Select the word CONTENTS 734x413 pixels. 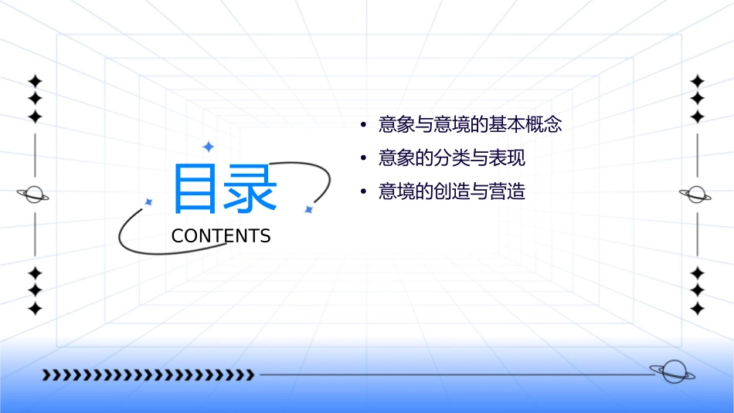(221, 236)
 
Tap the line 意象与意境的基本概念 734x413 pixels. (470, 124)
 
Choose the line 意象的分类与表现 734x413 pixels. (451, 158)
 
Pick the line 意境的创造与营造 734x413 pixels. (451, 191)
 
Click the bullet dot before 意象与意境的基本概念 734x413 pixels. (362, 125)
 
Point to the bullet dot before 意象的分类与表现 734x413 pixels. (362, 158)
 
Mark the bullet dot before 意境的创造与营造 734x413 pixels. (362, 191)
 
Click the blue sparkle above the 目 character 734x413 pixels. (208, 146)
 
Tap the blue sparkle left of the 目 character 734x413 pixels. (149, 201)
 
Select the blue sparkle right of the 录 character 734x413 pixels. (308, 209)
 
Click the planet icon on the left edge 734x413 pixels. (34, 195)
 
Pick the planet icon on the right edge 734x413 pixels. (696, 195)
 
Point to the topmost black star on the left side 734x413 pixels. (35, 81)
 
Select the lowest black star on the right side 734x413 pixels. (698, 309)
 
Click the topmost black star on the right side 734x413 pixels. (698, 81)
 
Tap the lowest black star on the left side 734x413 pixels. (35, 309)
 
